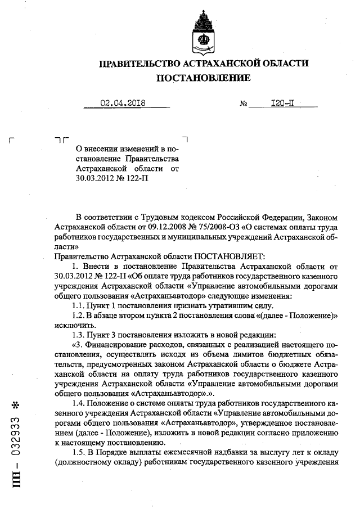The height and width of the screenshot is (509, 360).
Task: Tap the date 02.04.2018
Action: tap(123, 103)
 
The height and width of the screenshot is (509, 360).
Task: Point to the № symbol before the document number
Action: tap(244, 104)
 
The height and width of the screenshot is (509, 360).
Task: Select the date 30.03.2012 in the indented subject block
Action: tap(97, 178)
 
